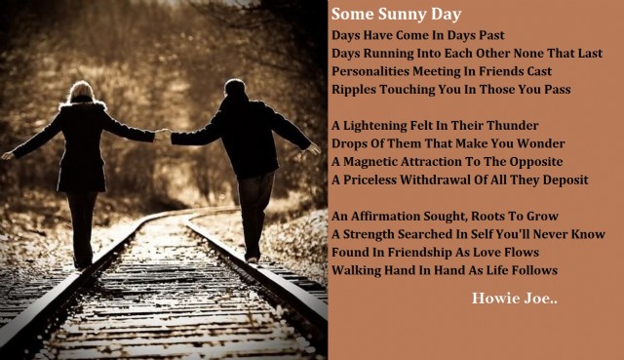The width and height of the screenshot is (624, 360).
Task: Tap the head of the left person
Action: (82, 91)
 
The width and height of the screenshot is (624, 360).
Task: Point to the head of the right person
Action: (235, 88)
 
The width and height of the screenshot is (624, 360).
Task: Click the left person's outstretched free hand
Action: (8, 155)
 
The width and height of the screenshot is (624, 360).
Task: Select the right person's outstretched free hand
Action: (315, 148)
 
